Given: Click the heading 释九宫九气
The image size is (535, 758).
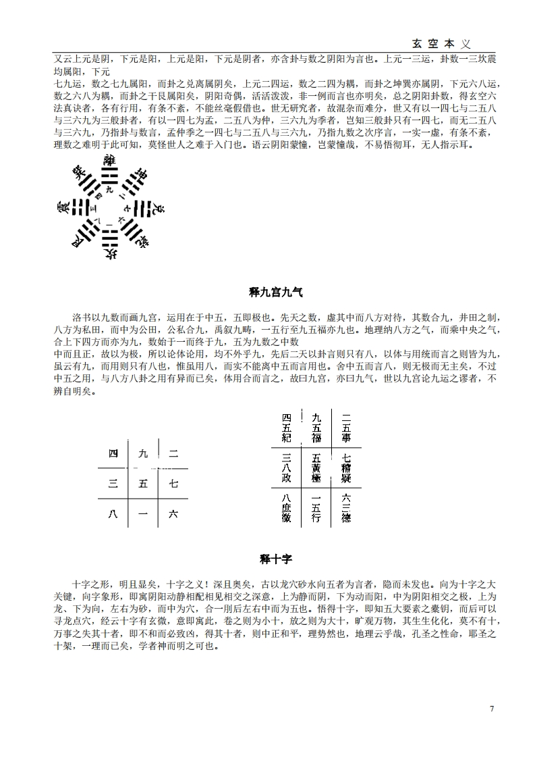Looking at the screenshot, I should pyautogui.click(x=277, y=292).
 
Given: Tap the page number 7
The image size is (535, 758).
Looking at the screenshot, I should pyautogui.click(x=492, y=708).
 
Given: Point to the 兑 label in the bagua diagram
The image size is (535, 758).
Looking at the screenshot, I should pyautogui.click(x=153, y=207).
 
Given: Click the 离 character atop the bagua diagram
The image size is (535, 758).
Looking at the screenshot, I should pyautogui.click(x=109, y=161).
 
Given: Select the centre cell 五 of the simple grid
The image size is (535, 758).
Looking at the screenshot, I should pyautogui.click(x=142, y=483).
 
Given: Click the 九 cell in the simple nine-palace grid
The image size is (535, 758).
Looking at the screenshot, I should pyautogui.click(x=142, y=453).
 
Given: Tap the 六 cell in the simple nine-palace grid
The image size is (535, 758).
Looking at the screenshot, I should pyautogui.click(x=173, y=513).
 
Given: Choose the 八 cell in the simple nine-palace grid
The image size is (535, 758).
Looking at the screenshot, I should pyautogui.click(x=113, y=513).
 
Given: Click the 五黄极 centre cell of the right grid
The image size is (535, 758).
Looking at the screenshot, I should pyautogui.click(x=316, y=467).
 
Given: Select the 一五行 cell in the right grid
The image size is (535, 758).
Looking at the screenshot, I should pyautogui.click(x=316, y=508).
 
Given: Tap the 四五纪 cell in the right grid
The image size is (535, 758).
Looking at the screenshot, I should pyautogui.click(x=286, y=427).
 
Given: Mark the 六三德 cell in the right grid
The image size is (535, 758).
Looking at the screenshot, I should pyautogui.click(x=346, y=508).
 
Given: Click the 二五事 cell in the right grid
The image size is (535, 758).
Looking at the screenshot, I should pyautogui.click(x=346, y=427).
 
